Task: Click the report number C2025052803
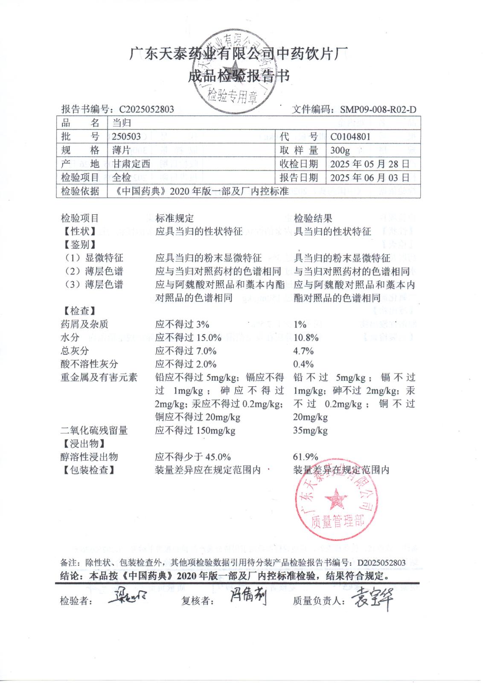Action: pyautogui.click(x=146, y=109)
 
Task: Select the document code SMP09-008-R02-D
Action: pyautogui.click(x=378, y=110)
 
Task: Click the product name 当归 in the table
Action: pyautogui.click(x=122, y=123)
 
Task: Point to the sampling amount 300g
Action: pyautogui.click(x=340, y=150)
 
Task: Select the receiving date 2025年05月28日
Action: pyautogui.click(x=370, y=164)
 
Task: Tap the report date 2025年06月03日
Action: pyautogui.click(x=370, y=178)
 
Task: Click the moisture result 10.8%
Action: pyautogui.click(x=306, y=338)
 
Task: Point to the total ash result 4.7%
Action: pyautogui.click(x=303, y=351)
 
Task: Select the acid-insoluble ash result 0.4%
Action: pyautogui.click(x=303, y=364)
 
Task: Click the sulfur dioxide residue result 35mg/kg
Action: pyautogui.click(x=311, y=430)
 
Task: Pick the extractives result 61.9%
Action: pyautogui.click(x=306, y=457)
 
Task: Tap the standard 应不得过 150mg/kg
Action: pyautogui.click(x=195, y=430)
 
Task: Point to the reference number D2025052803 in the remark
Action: pyautogui.click(x=381, y=563)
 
